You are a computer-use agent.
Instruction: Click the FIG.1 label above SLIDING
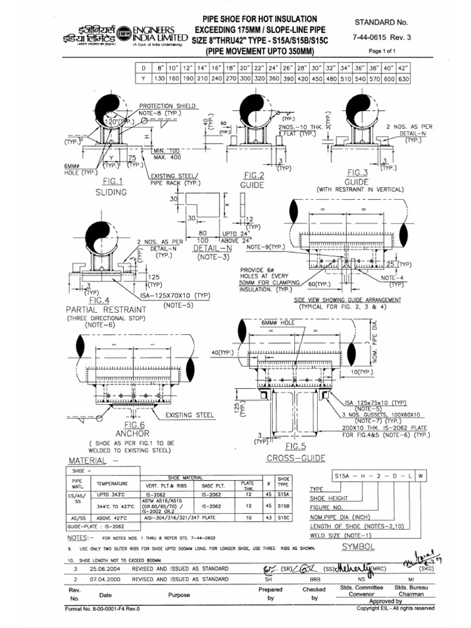(x=113, y=182)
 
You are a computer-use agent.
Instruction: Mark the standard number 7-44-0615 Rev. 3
(x=386, y=39)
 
